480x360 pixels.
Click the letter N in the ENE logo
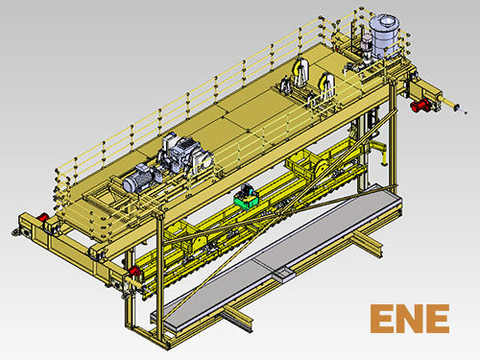[x=410, y=319]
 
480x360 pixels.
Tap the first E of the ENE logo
[x=381, y=319]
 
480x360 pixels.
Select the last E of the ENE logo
[x=439, y=319]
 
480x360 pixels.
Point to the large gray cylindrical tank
[x=384, y=36]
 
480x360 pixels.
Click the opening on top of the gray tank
[x=385, y=22]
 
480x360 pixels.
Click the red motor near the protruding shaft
[x=420, y=105]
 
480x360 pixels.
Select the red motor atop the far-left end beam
[x=42, y=218]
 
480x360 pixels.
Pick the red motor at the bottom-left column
[x=133, y=271]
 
